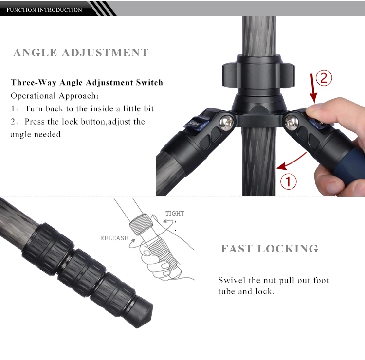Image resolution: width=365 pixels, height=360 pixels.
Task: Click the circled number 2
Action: coord(324,78)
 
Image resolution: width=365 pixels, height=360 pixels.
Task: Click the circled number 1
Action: coord(289,181)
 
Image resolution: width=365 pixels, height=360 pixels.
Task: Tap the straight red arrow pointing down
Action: coord(313,89)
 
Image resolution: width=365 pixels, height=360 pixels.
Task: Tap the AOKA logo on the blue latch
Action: coord(194,124)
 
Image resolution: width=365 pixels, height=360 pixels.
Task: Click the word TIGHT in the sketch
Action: coord(175,214)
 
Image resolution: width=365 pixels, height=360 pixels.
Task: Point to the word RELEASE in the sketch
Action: coord(114,238)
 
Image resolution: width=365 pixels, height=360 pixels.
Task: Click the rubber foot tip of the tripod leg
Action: coord(142,313)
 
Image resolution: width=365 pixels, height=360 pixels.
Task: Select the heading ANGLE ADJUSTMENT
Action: coord(80,53)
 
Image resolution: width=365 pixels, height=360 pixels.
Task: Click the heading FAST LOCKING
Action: coord(269,249)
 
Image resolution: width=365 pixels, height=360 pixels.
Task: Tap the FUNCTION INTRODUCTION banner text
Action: coord(44,10)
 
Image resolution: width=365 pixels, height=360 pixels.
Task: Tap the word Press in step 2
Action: coord(35,122)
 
